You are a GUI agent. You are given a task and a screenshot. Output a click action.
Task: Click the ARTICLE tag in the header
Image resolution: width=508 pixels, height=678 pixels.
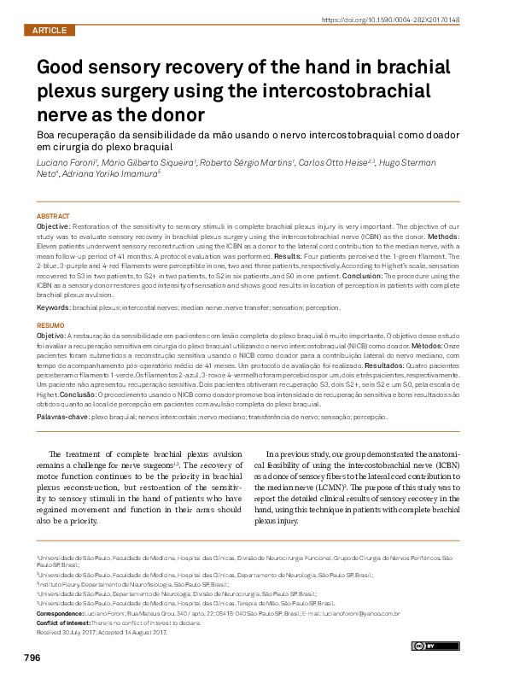[x=49, y=30]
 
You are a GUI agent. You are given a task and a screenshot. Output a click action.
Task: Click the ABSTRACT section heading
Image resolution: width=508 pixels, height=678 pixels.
[x=52, y=215]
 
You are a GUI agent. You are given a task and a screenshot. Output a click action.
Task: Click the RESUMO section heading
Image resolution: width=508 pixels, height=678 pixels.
[x=50, y=325]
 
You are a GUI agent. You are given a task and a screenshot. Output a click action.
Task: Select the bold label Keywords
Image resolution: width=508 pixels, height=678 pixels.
[x=53, y=307]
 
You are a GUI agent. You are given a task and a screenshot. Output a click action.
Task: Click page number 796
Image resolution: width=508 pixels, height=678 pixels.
[x=32, y=658]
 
